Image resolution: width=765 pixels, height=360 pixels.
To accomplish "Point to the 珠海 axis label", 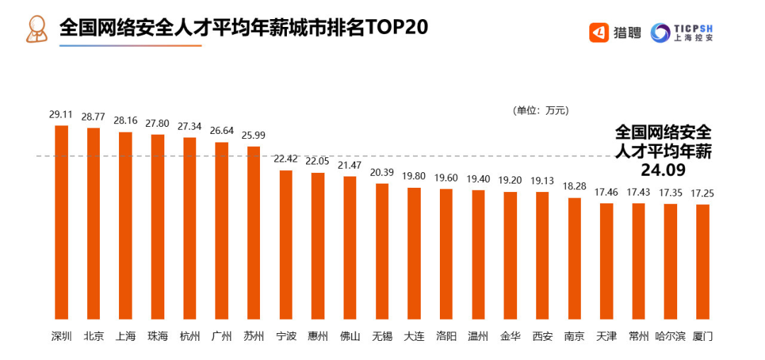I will click(157, 336).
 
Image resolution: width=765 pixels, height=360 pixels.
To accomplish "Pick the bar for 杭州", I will click(190, 228).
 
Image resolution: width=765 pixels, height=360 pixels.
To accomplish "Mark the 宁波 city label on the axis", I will click(285, 336).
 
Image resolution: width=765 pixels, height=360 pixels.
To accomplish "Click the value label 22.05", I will click(317, 161).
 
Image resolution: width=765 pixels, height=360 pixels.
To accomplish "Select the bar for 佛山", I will click(350, 247).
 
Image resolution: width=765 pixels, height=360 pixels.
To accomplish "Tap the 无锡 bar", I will click(382, 251).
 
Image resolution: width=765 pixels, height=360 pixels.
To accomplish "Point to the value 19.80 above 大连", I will click(414, 176).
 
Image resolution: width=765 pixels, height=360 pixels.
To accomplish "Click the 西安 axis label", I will click(542, 336).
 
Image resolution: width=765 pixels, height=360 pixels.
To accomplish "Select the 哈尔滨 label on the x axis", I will click(670, 336).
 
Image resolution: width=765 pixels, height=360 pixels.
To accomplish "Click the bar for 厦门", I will click(702, 261).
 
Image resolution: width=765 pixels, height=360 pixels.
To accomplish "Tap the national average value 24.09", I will click(663, 170).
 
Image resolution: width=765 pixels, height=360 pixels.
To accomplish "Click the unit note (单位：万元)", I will click(540, 111).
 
